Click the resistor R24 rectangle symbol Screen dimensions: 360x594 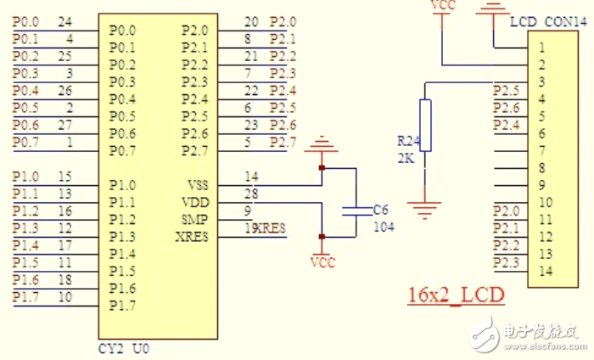tap(425, 125)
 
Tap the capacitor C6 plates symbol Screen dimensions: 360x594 tap(356, 210)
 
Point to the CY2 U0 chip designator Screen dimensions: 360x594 tap(126, 348)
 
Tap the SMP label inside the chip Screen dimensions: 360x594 tap(194, 219)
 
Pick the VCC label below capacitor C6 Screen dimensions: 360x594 tap(322, 262)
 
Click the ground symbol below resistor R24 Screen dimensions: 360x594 tap(425, 204)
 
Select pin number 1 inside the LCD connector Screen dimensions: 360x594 tap(541, 47)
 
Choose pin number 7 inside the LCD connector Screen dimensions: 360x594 tap(541, 150)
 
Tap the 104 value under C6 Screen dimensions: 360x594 tap(384, 227)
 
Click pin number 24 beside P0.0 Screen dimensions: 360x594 tap(65, 21)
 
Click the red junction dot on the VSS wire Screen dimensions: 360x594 tap(322, 168)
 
